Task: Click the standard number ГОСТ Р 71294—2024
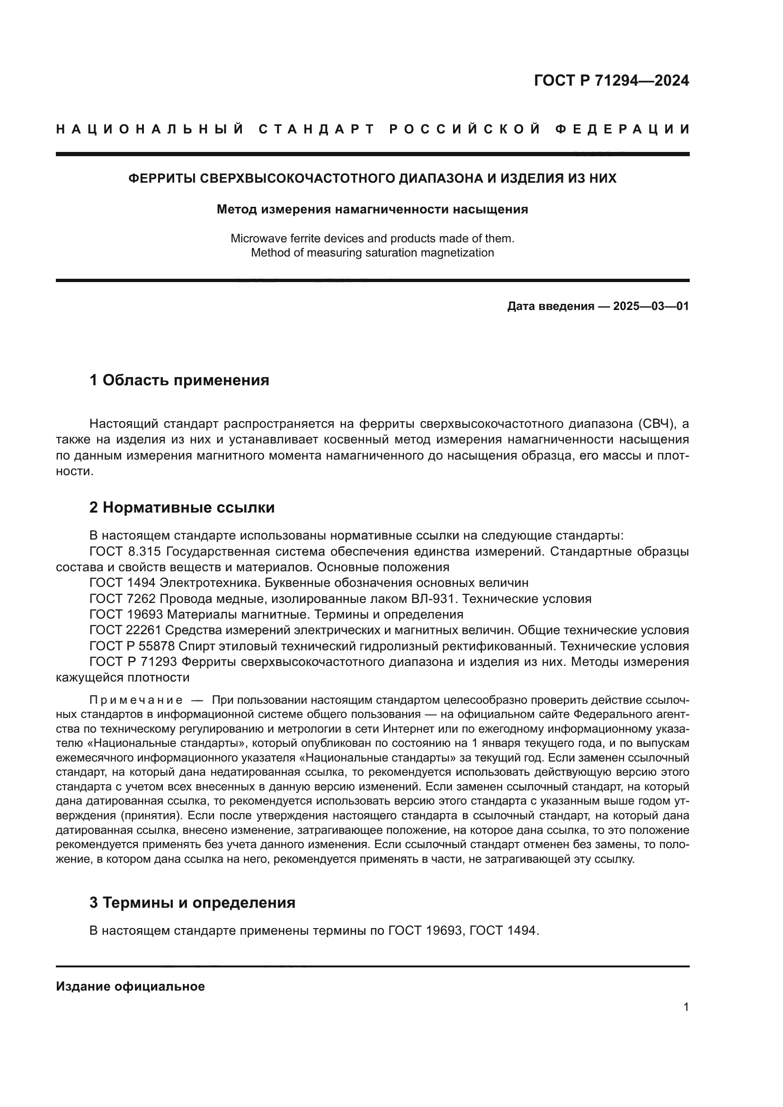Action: click(x=611, y=80)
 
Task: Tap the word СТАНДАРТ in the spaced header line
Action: click(x=316, y=129)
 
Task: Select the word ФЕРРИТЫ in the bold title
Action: click(x=161, y=178)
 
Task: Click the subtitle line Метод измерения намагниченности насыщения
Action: click(x=372, y=209)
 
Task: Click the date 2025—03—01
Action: click(x=651, y=306)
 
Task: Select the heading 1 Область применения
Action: click(x=179, y=381)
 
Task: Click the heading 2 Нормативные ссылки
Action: click(x=182, y=507)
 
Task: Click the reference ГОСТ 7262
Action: click(x=123, y=599)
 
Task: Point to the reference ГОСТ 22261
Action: click(x=125, y=630)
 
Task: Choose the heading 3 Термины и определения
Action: click(x=192, y=902)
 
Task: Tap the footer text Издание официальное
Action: click(x=130, y=986)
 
